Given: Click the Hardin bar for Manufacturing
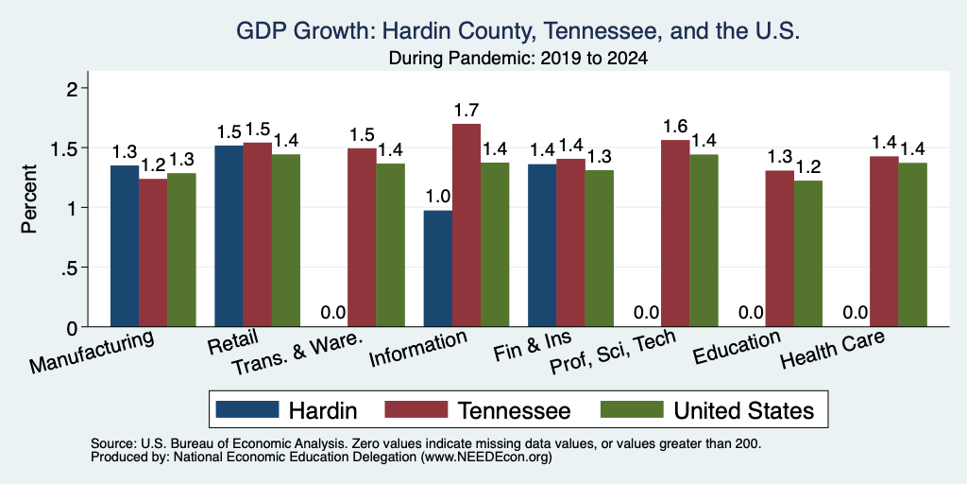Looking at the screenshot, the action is tap(125, 246).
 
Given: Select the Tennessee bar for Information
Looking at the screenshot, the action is tap(467, 225).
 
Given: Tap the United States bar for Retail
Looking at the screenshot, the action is tap(285, 240).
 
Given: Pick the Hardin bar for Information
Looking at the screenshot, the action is tap(438, 268).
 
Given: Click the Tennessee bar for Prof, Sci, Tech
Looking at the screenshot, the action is tap(675, 233).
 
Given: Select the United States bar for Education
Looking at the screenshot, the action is tap(808, 253).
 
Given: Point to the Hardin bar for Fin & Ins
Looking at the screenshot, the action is tap(542, 245).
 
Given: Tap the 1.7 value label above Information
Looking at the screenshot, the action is tap(467, 111).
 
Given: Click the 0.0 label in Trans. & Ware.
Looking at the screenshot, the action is tap(333, 312).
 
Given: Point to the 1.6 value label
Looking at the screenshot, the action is tap(675, 127).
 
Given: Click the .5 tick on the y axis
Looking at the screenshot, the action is tap(72, 268).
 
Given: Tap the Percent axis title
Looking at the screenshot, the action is tap(29, 199).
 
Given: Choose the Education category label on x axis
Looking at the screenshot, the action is tap(737, 348).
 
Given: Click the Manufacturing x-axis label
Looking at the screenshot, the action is tap(91, 352).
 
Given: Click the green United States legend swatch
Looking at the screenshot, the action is tap(632, 409).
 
